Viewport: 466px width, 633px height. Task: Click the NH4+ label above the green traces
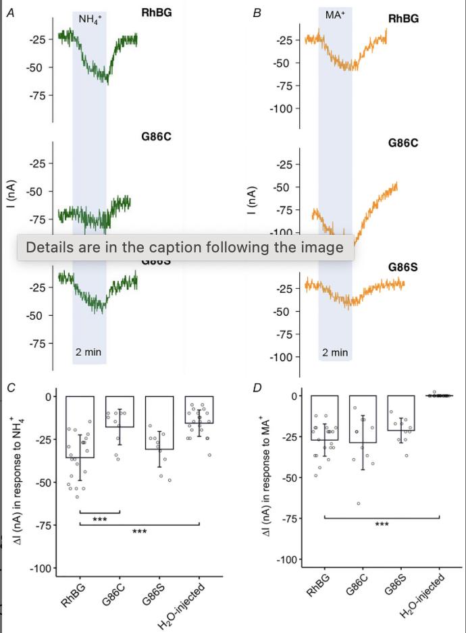tap(89, 19)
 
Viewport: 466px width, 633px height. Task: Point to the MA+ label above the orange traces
tap(335, 14)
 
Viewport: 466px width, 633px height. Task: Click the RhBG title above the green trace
tap(157, 13)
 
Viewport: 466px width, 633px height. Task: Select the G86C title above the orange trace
tap(403, 143)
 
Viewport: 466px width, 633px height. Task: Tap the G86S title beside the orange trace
tap(403, 267)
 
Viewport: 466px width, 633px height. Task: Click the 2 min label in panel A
tap(88, 352)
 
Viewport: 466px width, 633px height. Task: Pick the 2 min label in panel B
tap(335, 352)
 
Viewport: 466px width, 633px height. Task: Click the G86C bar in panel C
tap(120, 412)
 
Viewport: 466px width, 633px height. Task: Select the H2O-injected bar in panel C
tap(199, 410)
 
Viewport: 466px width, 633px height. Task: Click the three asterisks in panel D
tap(381, 524)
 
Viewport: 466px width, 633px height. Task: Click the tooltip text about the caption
tap(184, 248)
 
